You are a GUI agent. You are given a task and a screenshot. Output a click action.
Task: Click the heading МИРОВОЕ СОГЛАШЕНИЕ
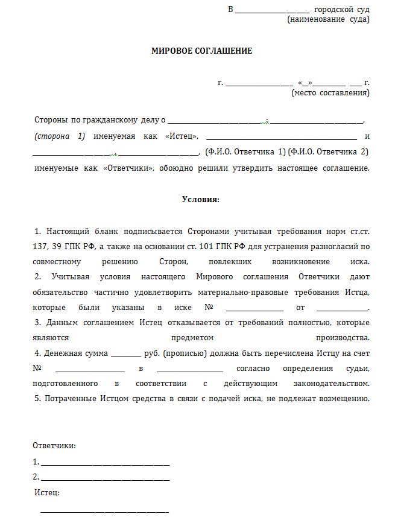point(201,51)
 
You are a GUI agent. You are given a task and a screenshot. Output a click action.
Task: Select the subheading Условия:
point(201,198)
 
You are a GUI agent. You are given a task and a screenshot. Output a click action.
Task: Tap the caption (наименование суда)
point(329,19)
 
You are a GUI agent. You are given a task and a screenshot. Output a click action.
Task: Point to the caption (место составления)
point(330,93)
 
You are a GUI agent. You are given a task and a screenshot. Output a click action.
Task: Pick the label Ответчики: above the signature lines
point(54,446)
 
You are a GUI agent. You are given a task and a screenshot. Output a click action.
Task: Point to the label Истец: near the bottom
point(47,493)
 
